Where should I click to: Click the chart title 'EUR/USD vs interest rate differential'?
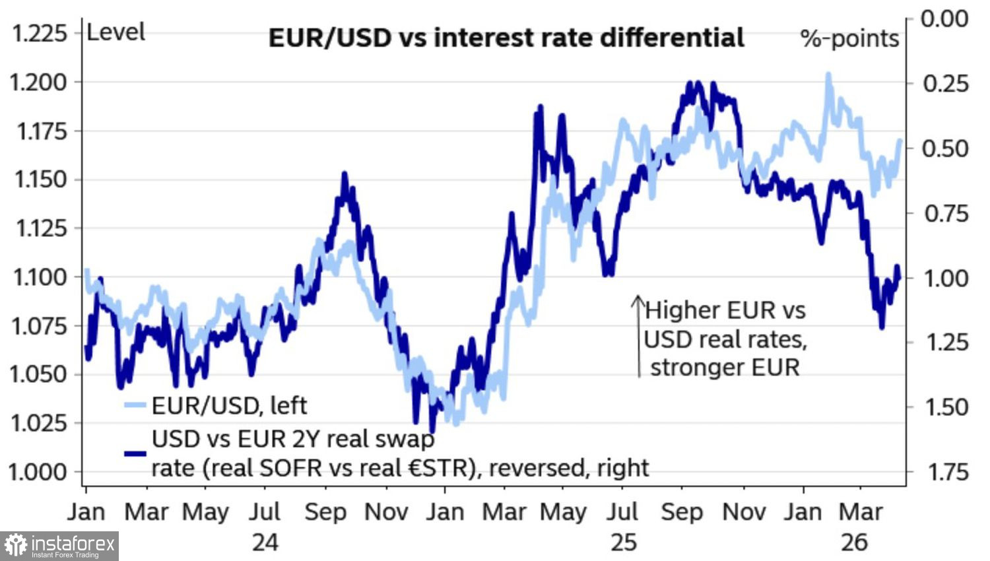[x=506, y=38]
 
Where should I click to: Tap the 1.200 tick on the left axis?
[x=38, y=82]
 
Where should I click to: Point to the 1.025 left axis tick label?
[x=38, y=423]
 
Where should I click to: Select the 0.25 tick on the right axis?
[x=945, y=83]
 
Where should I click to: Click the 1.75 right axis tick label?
[x=945, y=472]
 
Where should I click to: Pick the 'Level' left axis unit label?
[x=115, y=32]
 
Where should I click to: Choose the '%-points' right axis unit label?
[x=849, y=39]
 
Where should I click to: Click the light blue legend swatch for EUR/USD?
[x=135, y=405]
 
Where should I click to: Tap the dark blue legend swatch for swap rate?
[x=135, y=453]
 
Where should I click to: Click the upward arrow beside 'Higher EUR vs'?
[x=638, y=337]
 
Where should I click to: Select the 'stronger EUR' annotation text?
[x=725, y=367]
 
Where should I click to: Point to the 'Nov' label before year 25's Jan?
[x=386, y=512]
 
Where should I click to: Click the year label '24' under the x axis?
[x=265, y=542]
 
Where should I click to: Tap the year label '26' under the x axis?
[x=854, y=542]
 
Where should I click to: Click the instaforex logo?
[x=59, y=546]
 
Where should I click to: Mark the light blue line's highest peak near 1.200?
[x=828, y=75]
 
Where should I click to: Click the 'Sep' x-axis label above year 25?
[x=682, y=512]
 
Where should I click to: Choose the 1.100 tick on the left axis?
[x=38, y=277]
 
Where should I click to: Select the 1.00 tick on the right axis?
[x=945, y=278]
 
